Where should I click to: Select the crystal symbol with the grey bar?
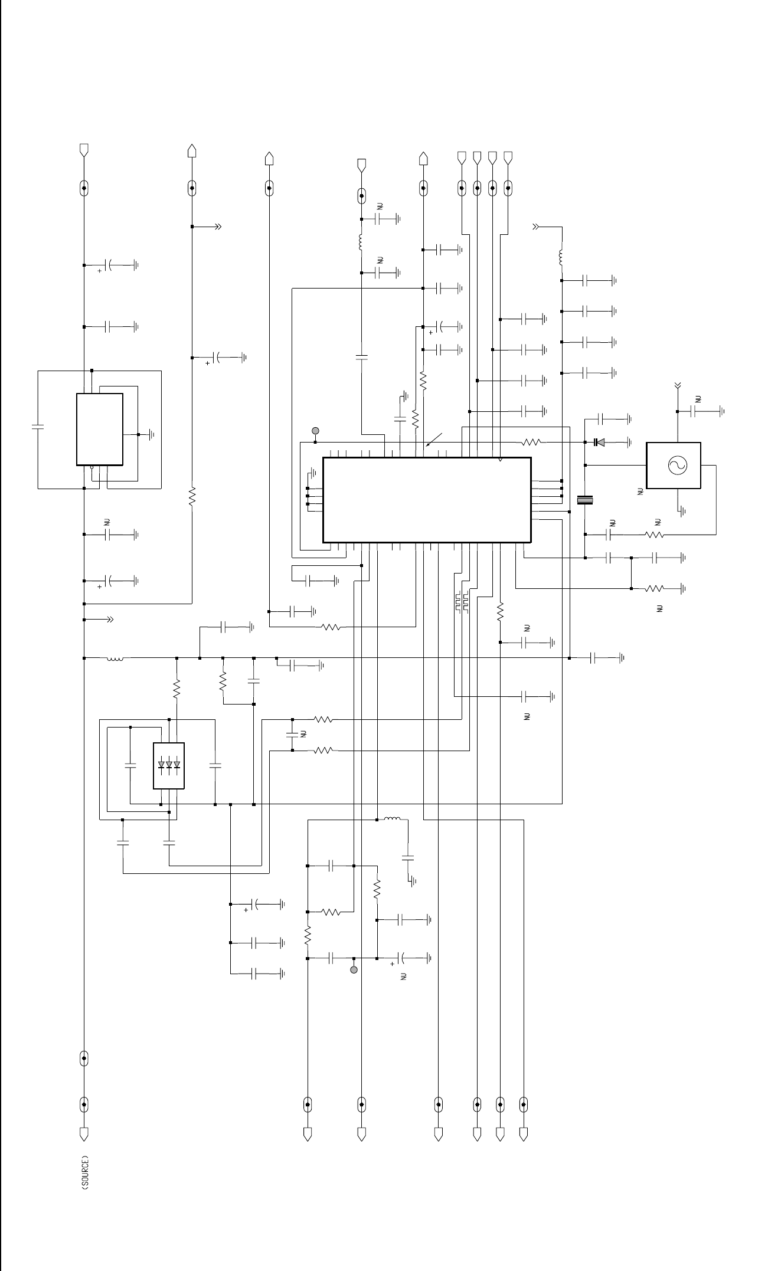(x=585, y=501)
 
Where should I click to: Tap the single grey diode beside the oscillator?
(x=599, y=442)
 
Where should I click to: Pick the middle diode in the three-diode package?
(x=169, y=765)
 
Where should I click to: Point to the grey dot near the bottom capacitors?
(x=354, y=969)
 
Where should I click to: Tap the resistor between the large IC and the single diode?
(x=531, y=442)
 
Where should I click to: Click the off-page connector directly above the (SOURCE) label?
(x=84, y=1134)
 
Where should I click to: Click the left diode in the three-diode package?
(x=161, y=765)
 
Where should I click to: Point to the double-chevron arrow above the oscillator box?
(x=677, y=386)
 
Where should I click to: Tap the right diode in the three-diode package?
(x=177, y=765)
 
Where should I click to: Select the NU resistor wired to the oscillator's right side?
(x=655, y=535)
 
